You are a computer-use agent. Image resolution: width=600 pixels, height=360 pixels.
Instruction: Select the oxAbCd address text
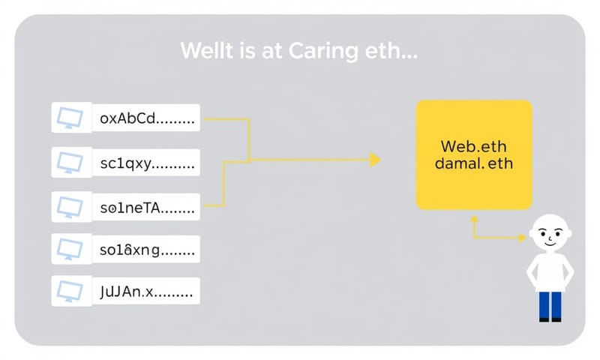(147, 118)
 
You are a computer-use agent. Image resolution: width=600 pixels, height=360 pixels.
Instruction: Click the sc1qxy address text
(147, 162)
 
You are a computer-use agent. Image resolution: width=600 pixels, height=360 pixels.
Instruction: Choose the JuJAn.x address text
(147, 292)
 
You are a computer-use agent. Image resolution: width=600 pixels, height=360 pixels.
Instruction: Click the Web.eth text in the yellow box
(474, 145)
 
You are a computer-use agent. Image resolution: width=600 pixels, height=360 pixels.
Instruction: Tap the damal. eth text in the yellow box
(474, 163)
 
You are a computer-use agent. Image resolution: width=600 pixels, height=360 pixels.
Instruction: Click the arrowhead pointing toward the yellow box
(376, 159)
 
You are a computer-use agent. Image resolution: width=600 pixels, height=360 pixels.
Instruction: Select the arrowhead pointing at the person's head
(522, 238)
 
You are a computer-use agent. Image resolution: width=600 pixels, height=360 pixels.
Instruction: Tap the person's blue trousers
(550, 305)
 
